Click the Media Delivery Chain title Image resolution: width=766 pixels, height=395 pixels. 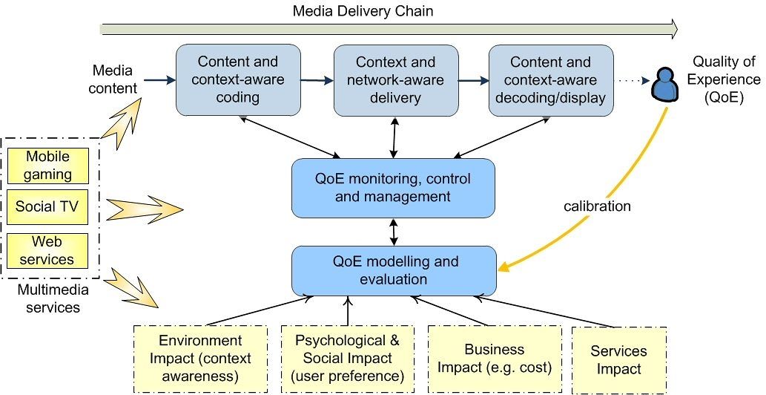click(363, 11)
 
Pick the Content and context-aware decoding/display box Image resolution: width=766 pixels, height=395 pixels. click(550, 79)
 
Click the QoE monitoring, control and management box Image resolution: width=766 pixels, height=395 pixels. click(393, 188)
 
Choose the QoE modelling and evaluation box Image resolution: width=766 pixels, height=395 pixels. click(393, 271)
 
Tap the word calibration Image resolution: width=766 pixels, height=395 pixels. click(596, 206)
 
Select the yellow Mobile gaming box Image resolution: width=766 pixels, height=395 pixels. click(47, 166)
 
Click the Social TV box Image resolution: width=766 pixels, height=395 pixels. click(47, 206)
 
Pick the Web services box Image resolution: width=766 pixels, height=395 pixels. click(47, 251)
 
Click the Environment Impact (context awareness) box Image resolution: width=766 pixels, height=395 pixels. click(200, 359)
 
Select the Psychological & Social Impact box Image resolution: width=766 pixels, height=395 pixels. click(347, 359)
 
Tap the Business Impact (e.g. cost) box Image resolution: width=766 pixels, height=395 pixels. click(494, 359)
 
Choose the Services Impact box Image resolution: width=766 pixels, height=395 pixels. click(618, 359)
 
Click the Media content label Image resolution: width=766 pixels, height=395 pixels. click(113, 79)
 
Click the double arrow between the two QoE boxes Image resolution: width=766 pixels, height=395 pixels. click(394, 232)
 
